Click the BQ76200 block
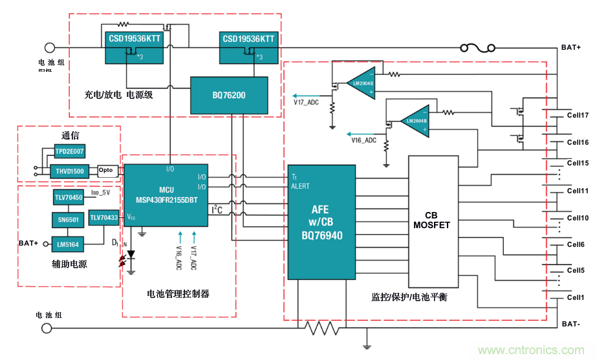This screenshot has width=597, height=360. coord(228,95)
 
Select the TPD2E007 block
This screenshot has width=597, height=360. coord(69,151)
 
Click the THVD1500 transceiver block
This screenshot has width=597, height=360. coord(69,171)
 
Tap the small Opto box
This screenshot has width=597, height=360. coord(105,171)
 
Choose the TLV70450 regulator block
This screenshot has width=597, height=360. coord(69,197)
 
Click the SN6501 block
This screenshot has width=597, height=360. coord(68,220)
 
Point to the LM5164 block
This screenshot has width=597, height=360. coord(68,244)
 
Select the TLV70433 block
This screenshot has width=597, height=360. coord(104,218)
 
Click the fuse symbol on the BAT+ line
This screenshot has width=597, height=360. coord(477,48)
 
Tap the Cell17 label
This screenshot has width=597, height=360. coord(578,116)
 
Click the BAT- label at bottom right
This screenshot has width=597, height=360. coord(571,324)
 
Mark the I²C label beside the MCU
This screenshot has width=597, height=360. coord(217,209)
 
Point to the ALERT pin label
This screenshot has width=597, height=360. coord(300,186)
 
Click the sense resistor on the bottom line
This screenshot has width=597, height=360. coord(321,328)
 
